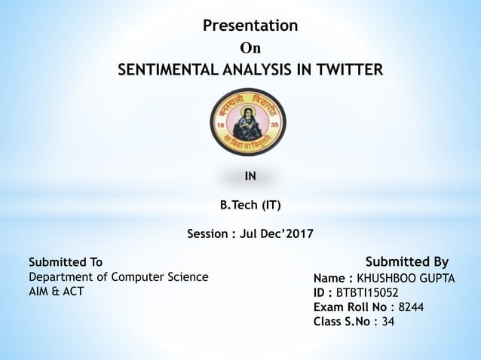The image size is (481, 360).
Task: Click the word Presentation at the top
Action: click(250, 26)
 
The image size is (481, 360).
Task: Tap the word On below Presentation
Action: click(250, 49)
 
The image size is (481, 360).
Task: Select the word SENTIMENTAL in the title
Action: click(165, 71)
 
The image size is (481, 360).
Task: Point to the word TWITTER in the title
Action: click(349, 71)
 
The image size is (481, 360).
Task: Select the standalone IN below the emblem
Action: click(250, 177)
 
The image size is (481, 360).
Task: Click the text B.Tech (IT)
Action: click(250, 204)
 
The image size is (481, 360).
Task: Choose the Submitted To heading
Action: click(65, 262)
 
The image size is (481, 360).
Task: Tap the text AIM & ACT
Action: click(56, 291)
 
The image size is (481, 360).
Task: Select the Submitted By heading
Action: click(406, 262)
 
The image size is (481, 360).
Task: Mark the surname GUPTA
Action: click(437, 279)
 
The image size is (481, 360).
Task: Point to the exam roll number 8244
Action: click(411, 307)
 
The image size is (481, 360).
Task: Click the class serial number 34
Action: click(388, 322)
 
